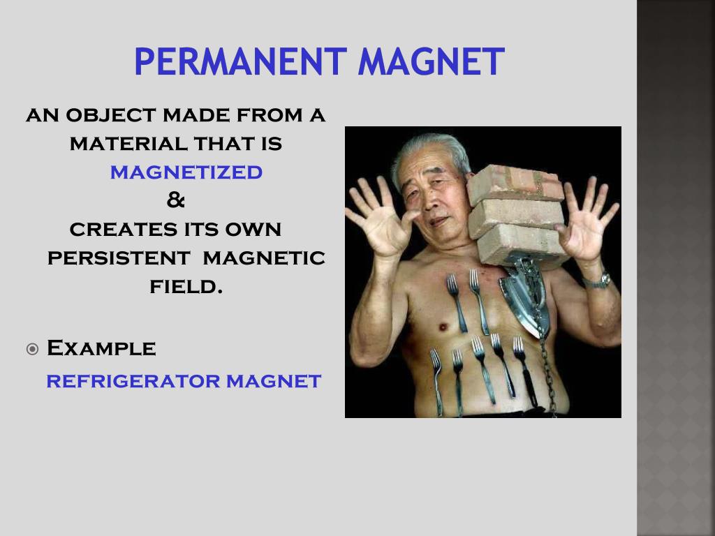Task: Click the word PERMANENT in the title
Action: tap(240, 61)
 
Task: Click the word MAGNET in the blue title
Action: tap(432, 61)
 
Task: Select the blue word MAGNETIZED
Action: tap(186, 172)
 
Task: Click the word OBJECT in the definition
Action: tap(112, 115)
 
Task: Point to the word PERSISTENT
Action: tap(119, 258)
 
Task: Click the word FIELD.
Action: tap(186, 287)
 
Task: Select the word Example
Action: tap(101, 348)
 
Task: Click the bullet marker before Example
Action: tap(32, 350)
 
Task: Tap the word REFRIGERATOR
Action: tap(133, 381)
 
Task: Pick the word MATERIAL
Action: tap(129, 144)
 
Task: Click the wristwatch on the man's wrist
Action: tap(598, 281)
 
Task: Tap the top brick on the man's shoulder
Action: tap(515, 184)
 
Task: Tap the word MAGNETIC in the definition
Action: tap(263, 258)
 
